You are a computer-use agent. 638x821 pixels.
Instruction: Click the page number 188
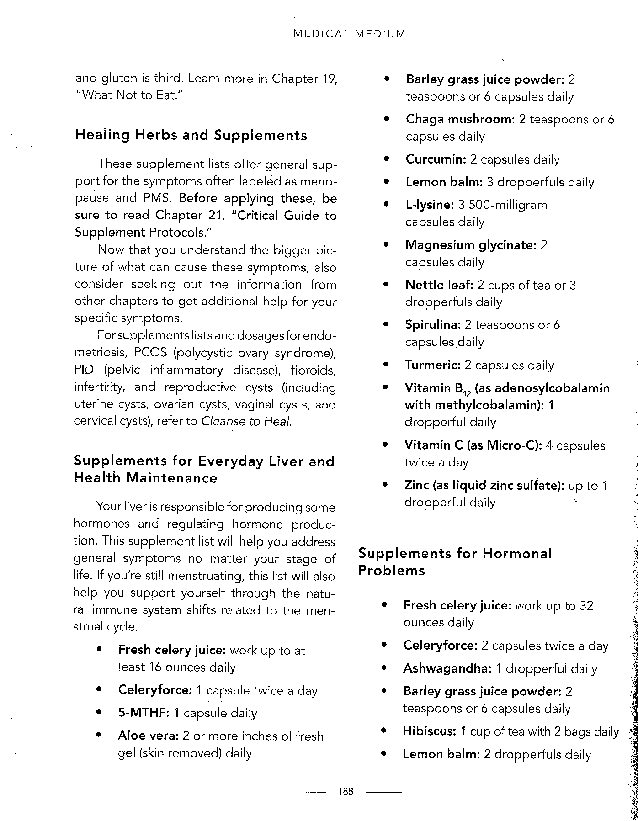(346, 792)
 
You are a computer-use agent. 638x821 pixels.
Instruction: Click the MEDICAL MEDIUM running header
(350, 34)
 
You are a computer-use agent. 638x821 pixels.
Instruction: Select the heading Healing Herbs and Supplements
(191, 135)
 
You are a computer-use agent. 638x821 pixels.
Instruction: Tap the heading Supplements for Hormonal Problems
(455, 562)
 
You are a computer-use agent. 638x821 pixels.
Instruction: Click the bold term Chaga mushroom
(460, 119)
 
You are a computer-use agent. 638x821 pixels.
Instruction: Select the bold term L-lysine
(429, 205)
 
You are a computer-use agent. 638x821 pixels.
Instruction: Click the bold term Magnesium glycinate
(470, 245)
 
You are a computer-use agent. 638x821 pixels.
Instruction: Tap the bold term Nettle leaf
(439, 285)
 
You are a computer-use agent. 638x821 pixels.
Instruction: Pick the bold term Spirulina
(432, 325)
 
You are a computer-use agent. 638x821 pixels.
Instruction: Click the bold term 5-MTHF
(144, 713)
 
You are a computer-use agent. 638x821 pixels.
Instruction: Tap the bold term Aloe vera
(148, 736)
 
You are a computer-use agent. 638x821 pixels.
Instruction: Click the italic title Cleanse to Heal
(246, 421)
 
